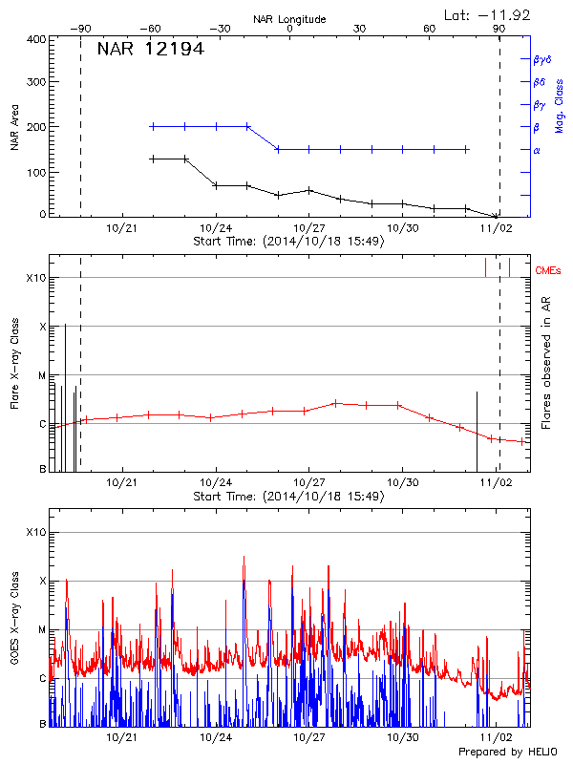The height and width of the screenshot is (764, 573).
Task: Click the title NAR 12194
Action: pyautogui.click(x=150, y=49)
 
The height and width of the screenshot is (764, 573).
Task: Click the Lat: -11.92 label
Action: pyautogui.click(x=488, y=14)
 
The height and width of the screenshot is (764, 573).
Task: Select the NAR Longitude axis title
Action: pyautogui.click(x=289, y=19)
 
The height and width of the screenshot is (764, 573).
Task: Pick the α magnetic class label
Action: pyautogui.click(x=537, y=151)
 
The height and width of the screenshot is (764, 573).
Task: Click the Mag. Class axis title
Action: pyautogui.click(x=559, y=105)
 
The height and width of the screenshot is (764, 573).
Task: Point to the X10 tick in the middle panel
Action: pyautogui.click(x=36, y=278)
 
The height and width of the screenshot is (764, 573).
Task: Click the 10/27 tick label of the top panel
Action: pyautogui.click(x=308, y=228)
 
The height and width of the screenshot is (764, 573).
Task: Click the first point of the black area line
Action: pyautogui.click(x=153, y=159)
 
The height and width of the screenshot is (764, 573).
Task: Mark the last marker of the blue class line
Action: pyautogui.click(x=466, y=149)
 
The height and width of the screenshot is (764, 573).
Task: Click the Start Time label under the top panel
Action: pyautogui.click(x=288, y=241)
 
